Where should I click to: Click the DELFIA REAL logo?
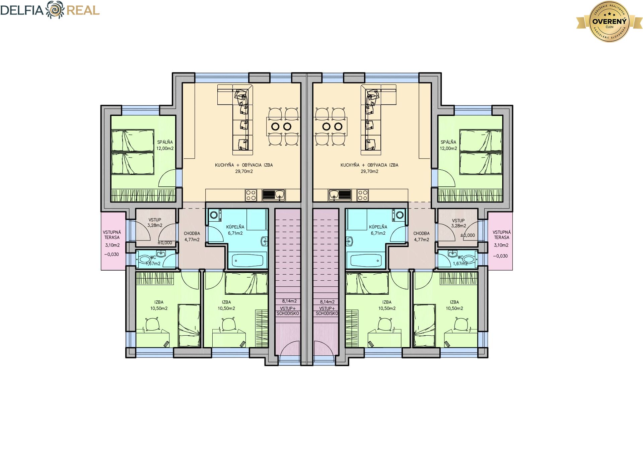[x=50, y=10]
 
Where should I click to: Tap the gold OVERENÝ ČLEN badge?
[x=610, y=21]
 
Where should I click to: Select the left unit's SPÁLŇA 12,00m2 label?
[x=165, y=145]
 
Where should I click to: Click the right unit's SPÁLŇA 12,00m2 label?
[x=448, y=145]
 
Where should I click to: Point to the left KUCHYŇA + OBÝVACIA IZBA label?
[x=244, y=165]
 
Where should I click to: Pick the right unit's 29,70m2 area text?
[x=369, y=171]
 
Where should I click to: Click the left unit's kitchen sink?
[x=274, y=195]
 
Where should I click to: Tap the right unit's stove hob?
[x=362, y=195]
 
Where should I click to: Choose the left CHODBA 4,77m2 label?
[x=192, y=236]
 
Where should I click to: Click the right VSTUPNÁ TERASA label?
[x=501, y=235]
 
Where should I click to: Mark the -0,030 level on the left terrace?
[x=112, y=254]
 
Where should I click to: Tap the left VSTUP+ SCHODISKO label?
[x=288, y=311]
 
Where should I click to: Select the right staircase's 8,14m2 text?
[x=327, y=302]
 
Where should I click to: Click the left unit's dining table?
[x=283, y=126]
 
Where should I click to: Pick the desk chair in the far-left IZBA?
[x=152, y=324]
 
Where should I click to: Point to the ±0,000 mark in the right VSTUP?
[x=468, y=235]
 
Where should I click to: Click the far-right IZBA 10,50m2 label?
[x=454, y=305]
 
